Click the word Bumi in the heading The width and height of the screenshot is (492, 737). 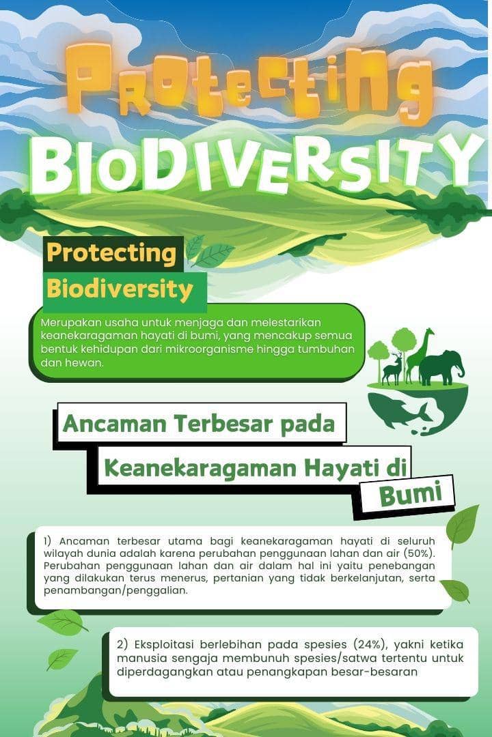click(x=411, y=495)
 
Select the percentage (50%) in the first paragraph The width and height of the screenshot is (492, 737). click(x=419, y=553)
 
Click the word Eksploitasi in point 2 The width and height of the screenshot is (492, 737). click(x=164, y=644)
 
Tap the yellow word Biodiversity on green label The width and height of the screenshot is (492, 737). click(x=120, y=289)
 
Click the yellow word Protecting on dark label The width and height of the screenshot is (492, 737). click(x=111, y=253)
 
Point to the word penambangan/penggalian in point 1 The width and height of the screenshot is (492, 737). click(x=115, y=591)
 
